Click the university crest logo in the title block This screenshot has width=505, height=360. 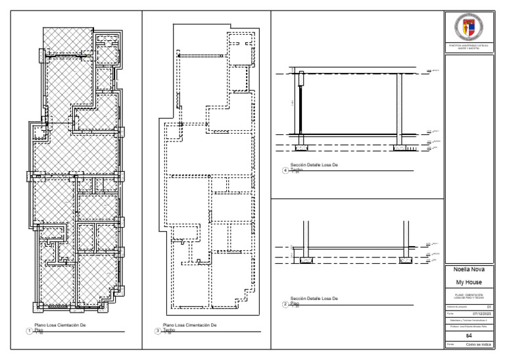tap(469, 27)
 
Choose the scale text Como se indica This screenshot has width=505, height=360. tap(478, 344)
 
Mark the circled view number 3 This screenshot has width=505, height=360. tap(156, 330)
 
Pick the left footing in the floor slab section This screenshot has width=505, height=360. tap(306, 261)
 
